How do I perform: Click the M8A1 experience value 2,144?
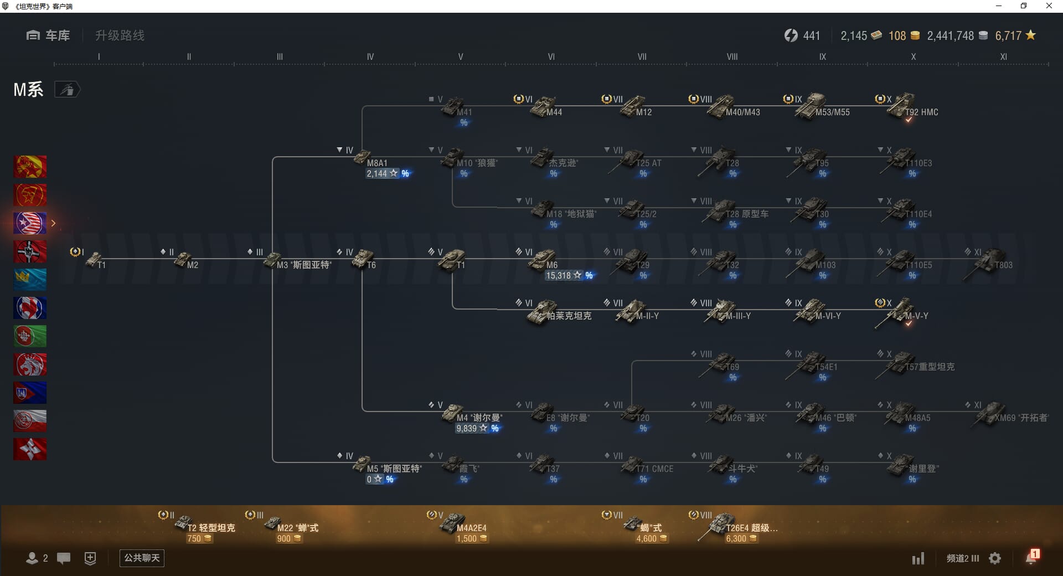(x=377, y=174)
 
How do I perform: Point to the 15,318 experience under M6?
(x=558, y=276)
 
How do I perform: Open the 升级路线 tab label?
(x=120, y=35)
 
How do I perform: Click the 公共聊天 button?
(x=142, y=558)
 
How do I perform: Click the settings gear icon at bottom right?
(x=995, y=558)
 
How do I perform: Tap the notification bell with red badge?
(x=1031, y=558)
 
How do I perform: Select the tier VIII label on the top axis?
(x=732, y=56)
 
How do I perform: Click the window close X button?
(x=1049, y=6)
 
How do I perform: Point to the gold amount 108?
(x=897, y=36)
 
